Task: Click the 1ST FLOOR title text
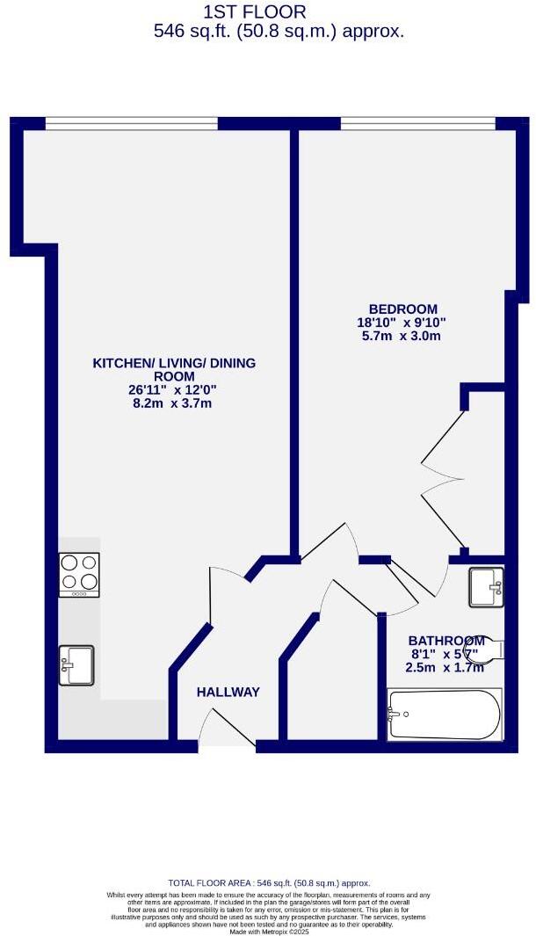pyautogui.click(x=255, y=12)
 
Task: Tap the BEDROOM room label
pyautogui.click(x=402, y=308)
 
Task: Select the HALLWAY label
pyautogui.click(x=228, y=693)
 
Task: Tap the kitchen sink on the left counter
pyautogui.click(x=78, y=664)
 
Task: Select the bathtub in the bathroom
pyautogui.click(x=444, y=714)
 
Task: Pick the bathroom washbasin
pyautogui.click(x=485, y=587)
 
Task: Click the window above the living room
pyautogui.click(x=131, y=124)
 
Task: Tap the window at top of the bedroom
pyautogui.click(x=417, y=124)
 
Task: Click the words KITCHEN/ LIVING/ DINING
pyautogui.click(x=175, y=363)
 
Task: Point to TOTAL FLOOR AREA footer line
pyautogui.click(x=269, y=883)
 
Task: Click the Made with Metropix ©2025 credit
pyautogui.click(x=269, y=932)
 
